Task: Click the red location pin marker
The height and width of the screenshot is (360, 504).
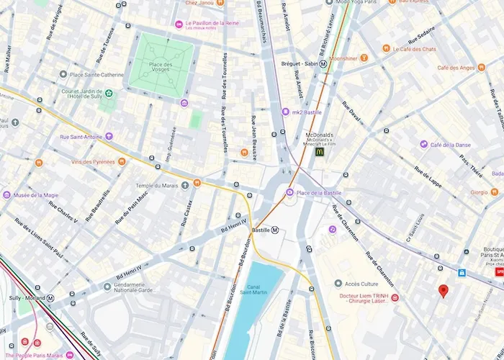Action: pos(444,291)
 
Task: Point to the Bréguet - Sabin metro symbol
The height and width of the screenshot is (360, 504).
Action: pos(324,63)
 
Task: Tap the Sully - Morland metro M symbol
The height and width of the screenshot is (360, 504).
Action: pos(50,297)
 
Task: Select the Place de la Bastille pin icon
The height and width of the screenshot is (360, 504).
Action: pos(290,192)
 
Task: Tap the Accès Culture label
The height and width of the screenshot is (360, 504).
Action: pos(361,284)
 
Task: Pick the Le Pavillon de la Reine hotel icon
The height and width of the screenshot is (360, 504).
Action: pos(179,24)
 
